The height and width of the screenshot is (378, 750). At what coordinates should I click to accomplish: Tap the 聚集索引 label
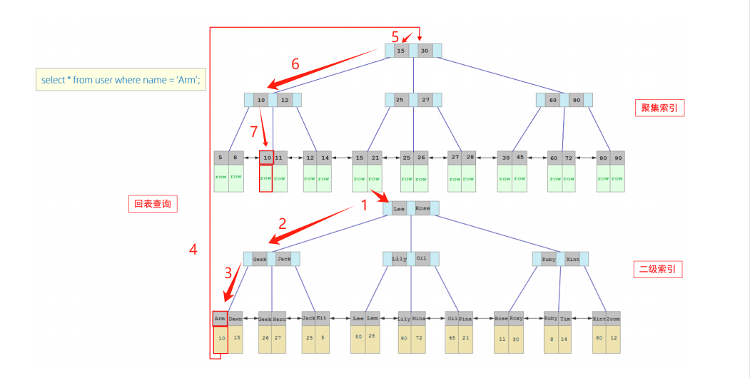coord(659,108)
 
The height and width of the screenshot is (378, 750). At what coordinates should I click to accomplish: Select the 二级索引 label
coord(659,269)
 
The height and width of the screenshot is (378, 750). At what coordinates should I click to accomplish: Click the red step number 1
coord(365,205)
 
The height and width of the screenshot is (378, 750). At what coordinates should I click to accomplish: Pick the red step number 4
coord(193,249)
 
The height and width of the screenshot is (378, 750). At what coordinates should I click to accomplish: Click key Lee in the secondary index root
coord(399,209)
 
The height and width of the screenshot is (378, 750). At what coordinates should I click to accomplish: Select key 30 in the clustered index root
coord(425,51)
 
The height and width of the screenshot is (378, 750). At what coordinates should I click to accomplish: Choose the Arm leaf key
coord(220,318)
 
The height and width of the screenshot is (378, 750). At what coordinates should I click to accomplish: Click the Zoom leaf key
coord(613,318)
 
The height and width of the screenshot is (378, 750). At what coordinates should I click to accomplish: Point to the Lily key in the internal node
coord(399,259)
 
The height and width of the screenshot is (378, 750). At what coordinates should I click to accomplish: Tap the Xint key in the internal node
coord(572,259)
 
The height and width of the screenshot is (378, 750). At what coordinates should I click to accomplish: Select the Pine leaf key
coord(465,318)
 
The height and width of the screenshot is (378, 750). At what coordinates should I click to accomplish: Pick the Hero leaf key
coord(280,318)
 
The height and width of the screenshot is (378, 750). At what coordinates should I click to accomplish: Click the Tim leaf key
coord(565,318)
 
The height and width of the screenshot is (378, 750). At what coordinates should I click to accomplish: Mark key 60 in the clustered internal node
coord(552,101)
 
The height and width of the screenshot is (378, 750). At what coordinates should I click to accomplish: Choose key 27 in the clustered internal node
coord(425,101)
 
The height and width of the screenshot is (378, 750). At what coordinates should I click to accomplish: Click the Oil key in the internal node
coord(422,259)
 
